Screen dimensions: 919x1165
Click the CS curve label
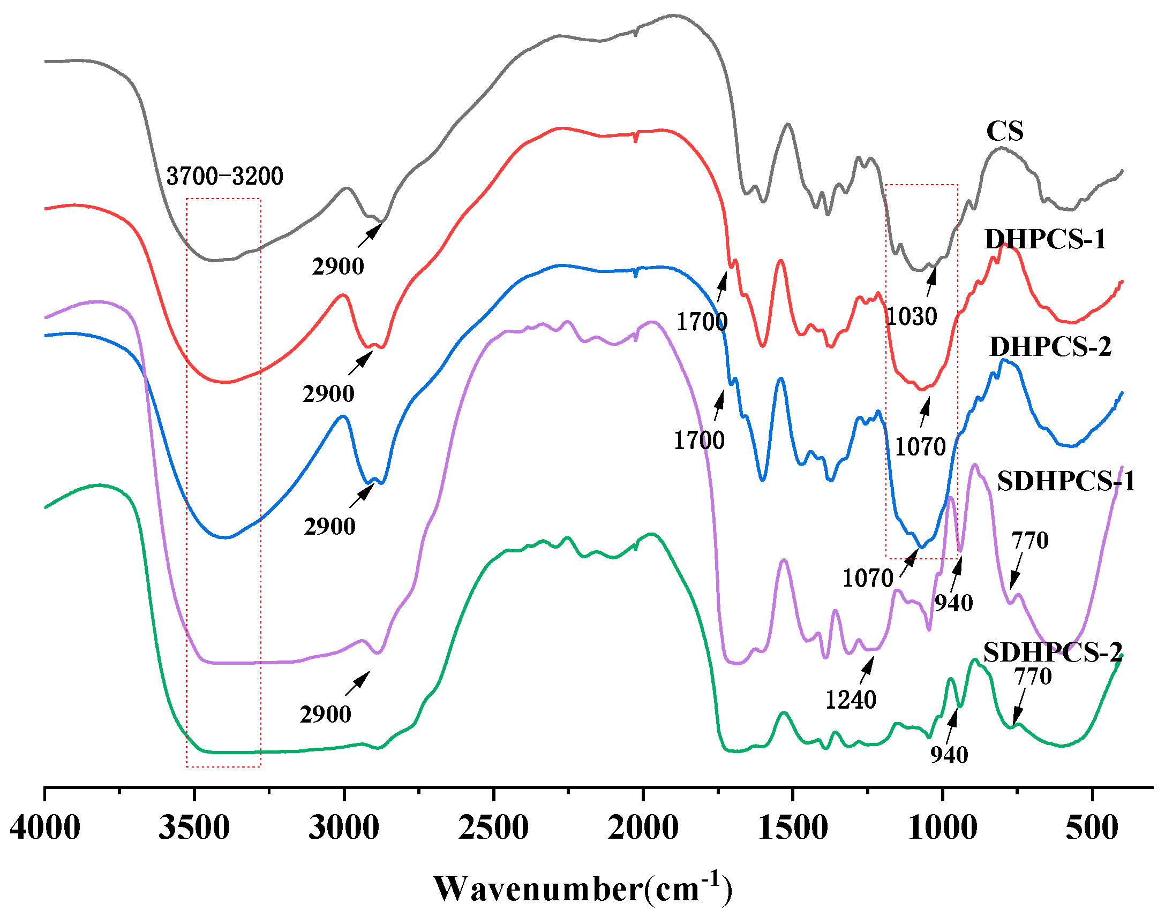(1004, 131)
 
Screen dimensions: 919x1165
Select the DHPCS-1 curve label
(1045, 239)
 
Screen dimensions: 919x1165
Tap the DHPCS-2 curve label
(1050, 347)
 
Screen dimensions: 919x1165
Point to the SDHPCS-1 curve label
(1066, 481)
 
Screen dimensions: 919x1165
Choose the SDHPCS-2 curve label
(1053, 652)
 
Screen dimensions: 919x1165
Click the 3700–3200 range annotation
(224, 177)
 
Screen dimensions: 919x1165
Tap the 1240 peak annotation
(851, 700)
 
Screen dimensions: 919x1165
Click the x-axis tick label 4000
(45, 827)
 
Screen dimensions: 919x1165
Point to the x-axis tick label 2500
(493, 827)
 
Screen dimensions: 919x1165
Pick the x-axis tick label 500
(1092, 827)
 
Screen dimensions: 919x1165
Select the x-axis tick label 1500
(792, 827)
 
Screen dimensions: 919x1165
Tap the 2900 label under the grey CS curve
(338, 267)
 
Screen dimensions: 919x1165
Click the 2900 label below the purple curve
(325, 715)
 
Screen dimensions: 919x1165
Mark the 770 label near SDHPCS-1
(1030, 541)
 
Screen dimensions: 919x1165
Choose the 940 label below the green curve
(949, 755)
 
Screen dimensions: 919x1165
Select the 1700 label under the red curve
(702, 322)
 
